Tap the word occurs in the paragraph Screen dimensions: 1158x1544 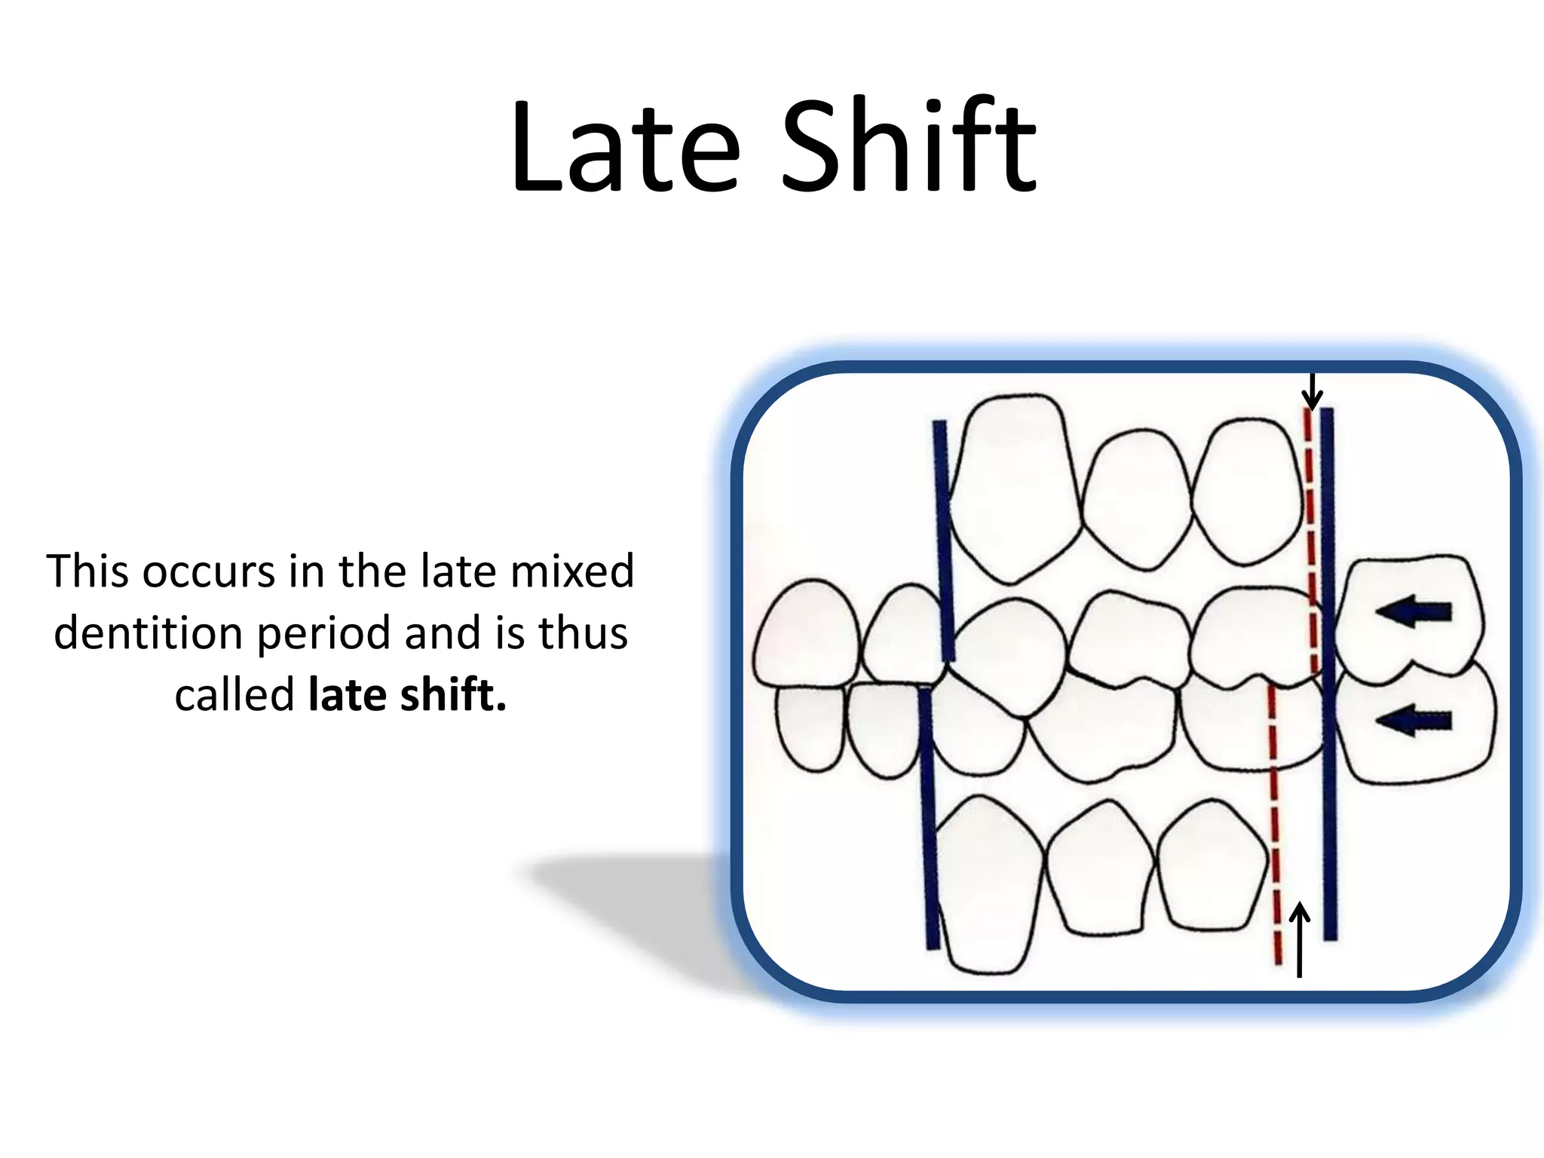coord(208,571)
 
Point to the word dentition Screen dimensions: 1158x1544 coord(148,633)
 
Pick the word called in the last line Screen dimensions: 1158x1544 coord(234,694)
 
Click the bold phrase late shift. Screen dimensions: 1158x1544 coord(407,694)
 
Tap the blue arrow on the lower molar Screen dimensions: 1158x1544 coord(1414,721)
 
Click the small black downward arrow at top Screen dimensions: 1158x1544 coord(1313,392)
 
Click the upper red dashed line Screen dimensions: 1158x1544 coord(1312,528)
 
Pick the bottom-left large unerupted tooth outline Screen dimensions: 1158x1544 coord(984,886)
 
